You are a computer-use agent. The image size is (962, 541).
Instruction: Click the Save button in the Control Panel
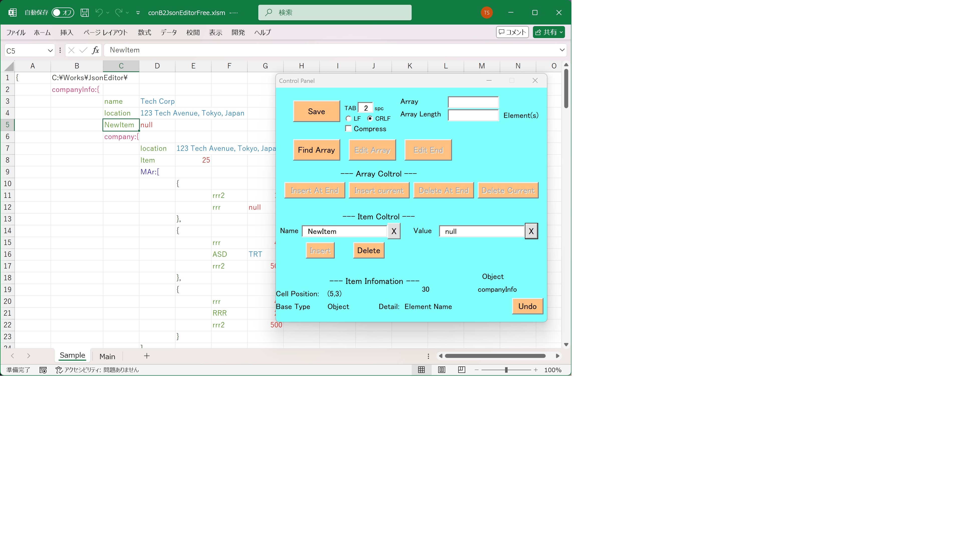click(316, 111)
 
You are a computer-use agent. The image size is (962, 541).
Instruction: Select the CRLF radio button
click(370, 118)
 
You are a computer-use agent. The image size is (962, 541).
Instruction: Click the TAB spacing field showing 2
click(365, 108)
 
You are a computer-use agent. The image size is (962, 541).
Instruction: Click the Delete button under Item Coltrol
click(369, 250)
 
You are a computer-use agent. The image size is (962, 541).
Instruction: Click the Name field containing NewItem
click(344, 231)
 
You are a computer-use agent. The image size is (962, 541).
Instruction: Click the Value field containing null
click(482, 231)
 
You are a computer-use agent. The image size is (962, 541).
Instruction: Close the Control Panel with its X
click(535, 81)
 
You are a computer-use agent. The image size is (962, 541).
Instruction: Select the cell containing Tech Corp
click(158, 101)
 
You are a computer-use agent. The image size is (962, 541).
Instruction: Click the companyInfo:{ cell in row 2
click(76, 90)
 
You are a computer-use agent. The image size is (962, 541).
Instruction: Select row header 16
click(8, 254)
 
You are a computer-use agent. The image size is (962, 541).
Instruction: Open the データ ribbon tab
click(169, 33)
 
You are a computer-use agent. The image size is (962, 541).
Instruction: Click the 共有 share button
click(549, 32)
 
